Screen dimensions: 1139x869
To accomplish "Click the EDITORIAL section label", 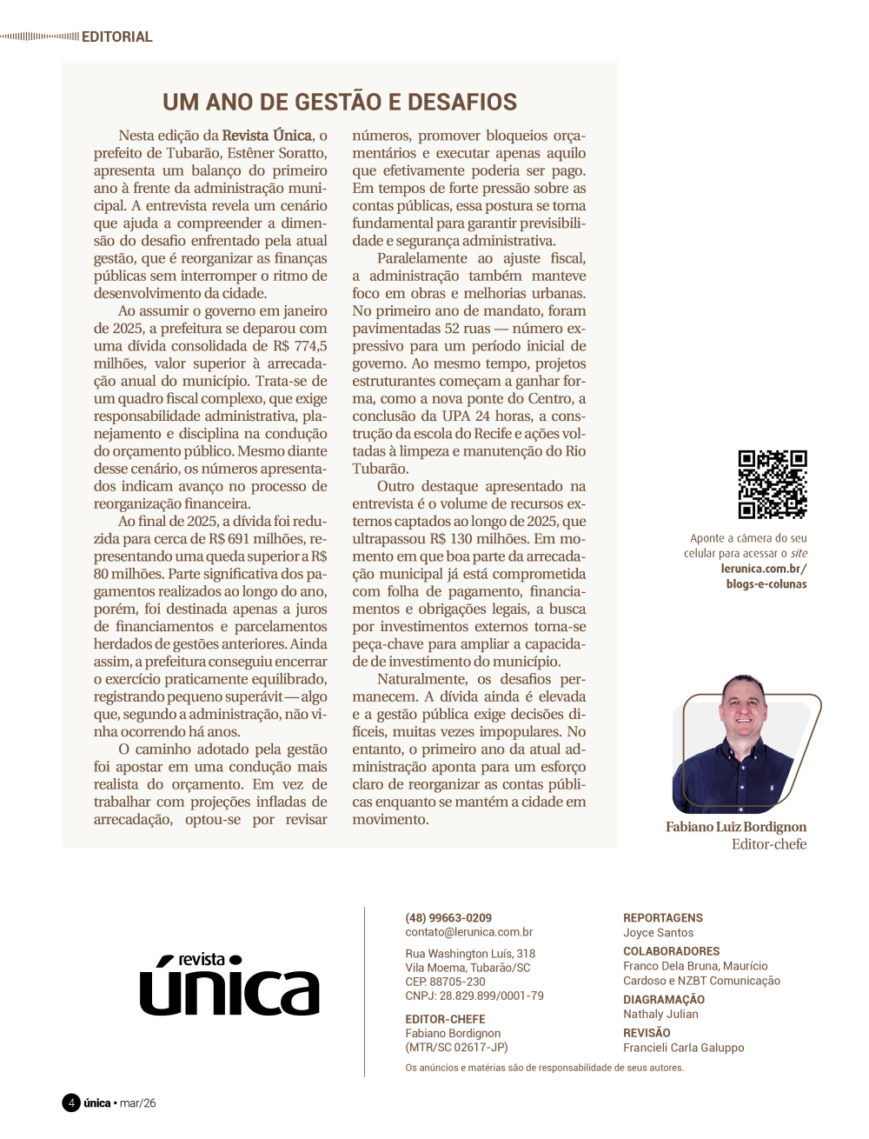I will [x=116, y=37].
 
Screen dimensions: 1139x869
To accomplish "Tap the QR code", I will [x=773, y=484].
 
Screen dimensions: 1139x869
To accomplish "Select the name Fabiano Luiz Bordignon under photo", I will [x=735, y=827].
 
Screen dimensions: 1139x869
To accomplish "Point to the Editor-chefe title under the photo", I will [x=768, y=844].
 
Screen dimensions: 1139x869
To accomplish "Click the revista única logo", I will [x=229, y=986].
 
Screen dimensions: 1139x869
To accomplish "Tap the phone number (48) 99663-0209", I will [x=448, y=917].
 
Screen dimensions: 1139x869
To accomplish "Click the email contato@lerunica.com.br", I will [x=468, y=932].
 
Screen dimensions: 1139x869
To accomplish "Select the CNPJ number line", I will [x=474, y=996].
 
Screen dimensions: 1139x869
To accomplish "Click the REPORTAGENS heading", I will [x=662, y=917].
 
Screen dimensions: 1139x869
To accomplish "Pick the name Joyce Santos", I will [x=658, y=932].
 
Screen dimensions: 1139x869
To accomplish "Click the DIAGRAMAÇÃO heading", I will [x=663, y=1000].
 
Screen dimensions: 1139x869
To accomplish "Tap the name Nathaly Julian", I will [x=660, y=1014].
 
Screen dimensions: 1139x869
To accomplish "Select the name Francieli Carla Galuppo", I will [x=683, y=1048].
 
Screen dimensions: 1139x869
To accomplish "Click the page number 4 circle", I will [x=71, y=1102].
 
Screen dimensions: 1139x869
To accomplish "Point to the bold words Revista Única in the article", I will [x=267, y=136].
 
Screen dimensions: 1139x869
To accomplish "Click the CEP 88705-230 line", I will [x=445, y=982].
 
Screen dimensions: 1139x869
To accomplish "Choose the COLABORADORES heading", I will [x=671, y=951].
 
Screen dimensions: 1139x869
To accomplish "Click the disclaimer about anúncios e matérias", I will [x=544, y=1068].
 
